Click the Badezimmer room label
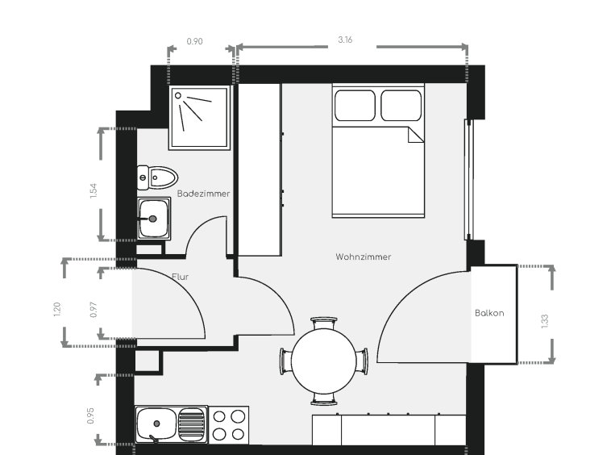pos(203,194)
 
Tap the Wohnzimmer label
pos(364,257)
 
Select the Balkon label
pos(489,313)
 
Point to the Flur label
pos(180,277)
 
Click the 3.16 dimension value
pos(345,40)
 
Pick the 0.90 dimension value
pos(194,41)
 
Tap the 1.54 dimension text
pos(94,191)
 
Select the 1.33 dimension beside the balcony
pos(545,321)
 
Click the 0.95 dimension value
pos(90,415)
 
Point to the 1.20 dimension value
pos(57,310)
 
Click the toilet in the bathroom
pos(157,177)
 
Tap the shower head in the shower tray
pos(178,95)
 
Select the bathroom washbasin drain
pos(153,219)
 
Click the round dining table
pos(323,361)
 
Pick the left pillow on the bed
pos(355,106)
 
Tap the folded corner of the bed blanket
pos(416,135)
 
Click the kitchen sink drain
pos(156,424)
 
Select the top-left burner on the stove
pos(219,417)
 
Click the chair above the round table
pos(324,323)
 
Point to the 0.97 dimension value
pos(94,310)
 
